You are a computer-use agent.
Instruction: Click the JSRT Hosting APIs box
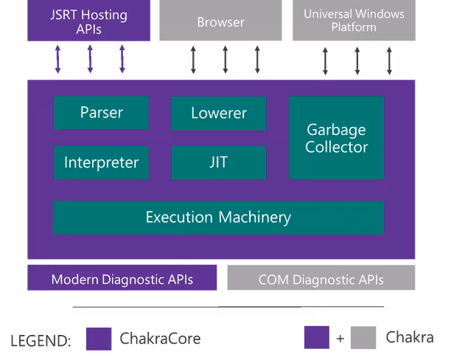pyautogui.click(x=88, y=20)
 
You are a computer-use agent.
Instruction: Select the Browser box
pyautogui.click(x=220, y=20)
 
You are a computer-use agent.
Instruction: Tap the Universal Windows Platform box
pyautogui.click(x=354, y=20)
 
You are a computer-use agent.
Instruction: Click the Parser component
pyautogui.click(x=101, y=113)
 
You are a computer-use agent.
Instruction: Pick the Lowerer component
pyautogui.click(x=219, y=113)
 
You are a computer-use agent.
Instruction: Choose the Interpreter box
pyautogui.click(x=101, y=163)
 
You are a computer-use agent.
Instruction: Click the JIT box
pyautogui.click(x=219, y=163)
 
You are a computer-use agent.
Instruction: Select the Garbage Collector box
pyautogui.click(x=336, y=138)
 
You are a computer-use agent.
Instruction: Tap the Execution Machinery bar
pyautogui.click(x=218, y=218)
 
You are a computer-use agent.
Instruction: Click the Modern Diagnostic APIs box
pyautogui.click(x=122, y=277)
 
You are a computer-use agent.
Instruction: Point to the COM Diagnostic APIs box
pyautogui.click(x=321, y=277)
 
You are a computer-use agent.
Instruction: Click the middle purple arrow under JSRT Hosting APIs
pyautogui.click(x=90, y=59)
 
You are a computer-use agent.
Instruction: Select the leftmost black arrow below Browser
pyautogui.click(x=193, y=60)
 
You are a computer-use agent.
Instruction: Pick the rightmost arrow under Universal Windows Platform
pyautogui.click(x=389, y=61)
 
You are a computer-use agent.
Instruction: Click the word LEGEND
pyautogui.click(x=41, y=341)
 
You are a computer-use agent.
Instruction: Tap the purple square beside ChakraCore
pyautogui.click(x=99, y=339)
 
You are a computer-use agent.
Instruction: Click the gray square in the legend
pyautogui.click(x=363, y=338)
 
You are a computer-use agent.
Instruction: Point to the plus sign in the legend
pyautogui.click(x=340, y=339)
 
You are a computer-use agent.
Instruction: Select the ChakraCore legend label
pyautogui.click(x=160, y=339)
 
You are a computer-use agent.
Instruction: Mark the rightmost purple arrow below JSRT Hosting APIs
pyautogui.click(x=122, y=59)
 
